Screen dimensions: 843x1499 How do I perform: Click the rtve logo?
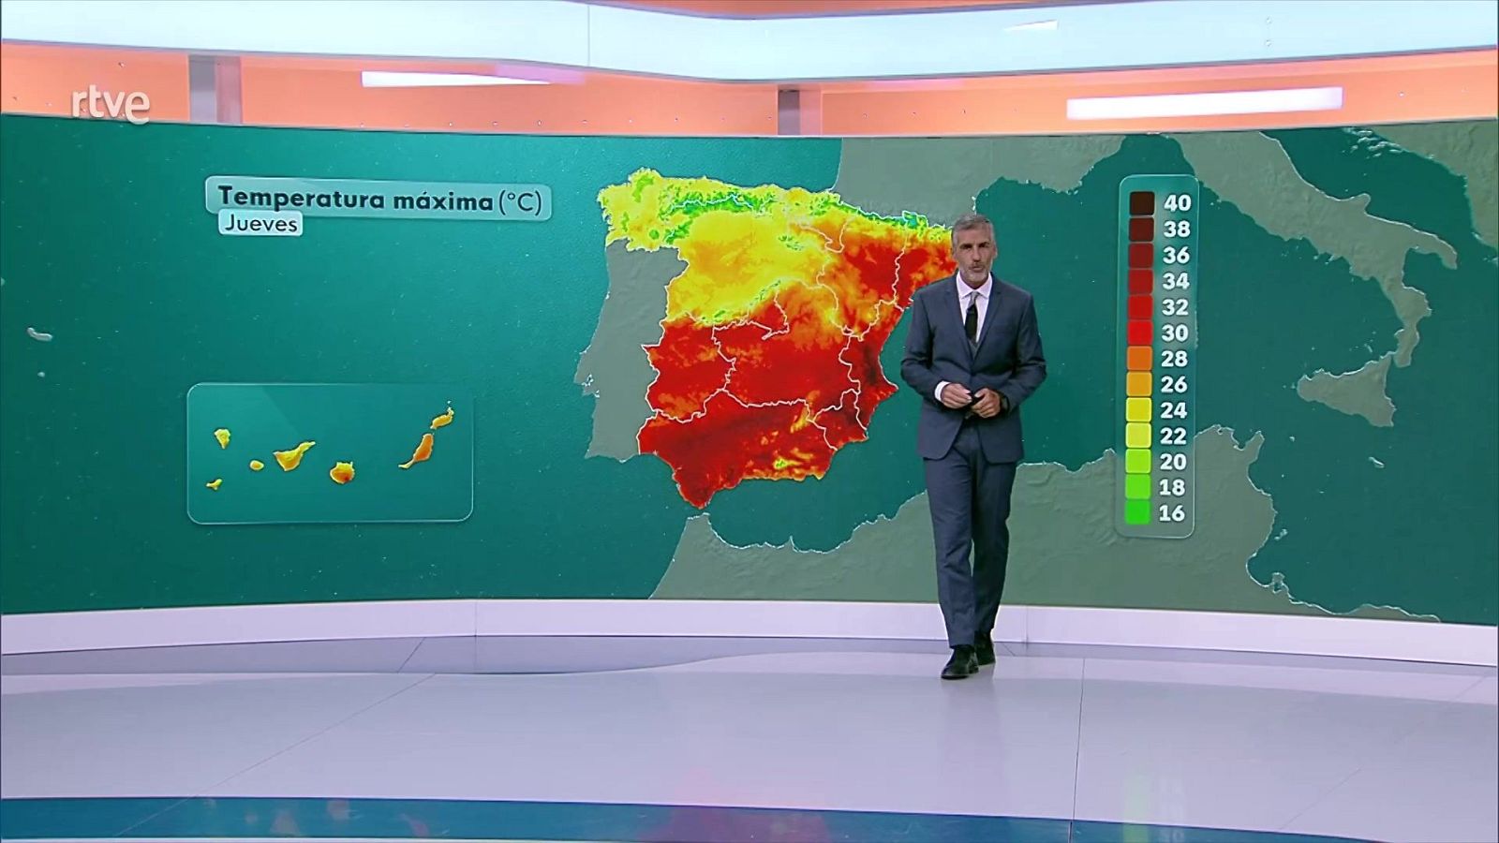click(x=111, y=104)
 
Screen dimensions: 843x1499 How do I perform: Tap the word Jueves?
click(x=260, y=224)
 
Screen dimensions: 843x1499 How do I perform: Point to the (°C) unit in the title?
click(x=520, y=200)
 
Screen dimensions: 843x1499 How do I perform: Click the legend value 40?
click(x=1176, y=202)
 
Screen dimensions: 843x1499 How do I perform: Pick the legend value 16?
click(x=1172, y=513)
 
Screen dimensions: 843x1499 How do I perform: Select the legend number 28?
click(x=1174, y=359)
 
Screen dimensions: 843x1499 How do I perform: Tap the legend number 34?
click(x=1175, y=281)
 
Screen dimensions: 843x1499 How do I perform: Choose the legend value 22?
click(x=1174, y=436)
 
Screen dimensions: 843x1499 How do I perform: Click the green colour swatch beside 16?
click(x=1138, y=512)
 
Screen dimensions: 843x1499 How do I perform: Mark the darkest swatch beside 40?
click(x=1141, y=202)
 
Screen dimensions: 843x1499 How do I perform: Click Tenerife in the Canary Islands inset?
click(x=294, y=455)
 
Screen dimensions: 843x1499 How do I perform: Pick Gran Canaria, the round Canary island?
click(x=342, y=472)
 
